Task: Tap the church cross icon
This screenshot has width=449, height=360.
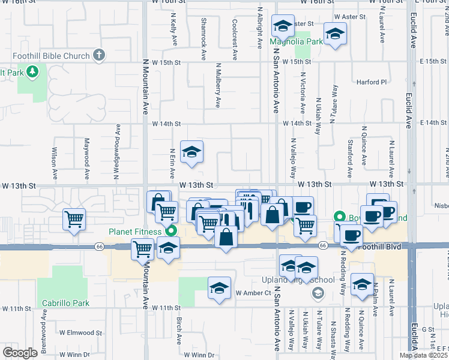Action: tap(100, 56)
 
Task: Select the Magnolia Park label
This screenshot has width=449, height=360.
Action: tap(295, 42)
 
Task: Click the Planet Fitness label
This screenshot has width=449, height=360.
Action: tap(136, 232)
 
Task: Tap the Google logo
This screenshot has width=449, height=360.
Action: tap(20, 353)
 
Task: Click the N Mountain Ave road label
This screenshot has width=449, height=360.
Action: tap(145, 84)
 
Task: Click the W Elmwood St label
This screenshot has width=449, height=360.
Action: tap(74, 332)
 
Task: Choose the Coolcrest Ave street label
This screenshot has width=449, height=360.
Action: tap(235, 43)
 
